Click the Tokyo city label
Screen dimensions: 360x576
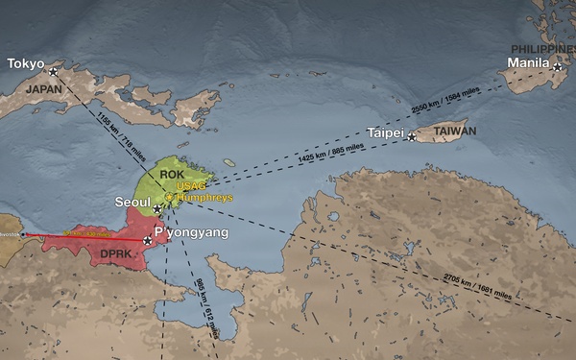pos(26,64)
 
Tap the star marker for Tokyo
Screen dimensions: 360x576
pos(53,71)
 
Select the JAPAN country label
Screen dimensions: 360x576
pos(43,87)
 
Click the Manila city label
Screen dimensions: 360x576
pos(527,64)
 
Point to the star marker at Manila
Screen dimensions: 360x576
pos(557,66)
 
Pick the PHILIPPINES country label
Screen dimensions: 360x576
pos(540,48)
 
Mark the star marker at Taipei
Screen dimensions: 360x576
pos(412,137)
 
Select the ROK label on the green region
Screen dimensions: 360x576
pos(172,174)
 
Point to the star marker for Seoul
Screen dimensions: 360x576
pos(157,207)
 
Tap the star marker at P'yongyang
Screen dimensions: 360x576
pos(146,240)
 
